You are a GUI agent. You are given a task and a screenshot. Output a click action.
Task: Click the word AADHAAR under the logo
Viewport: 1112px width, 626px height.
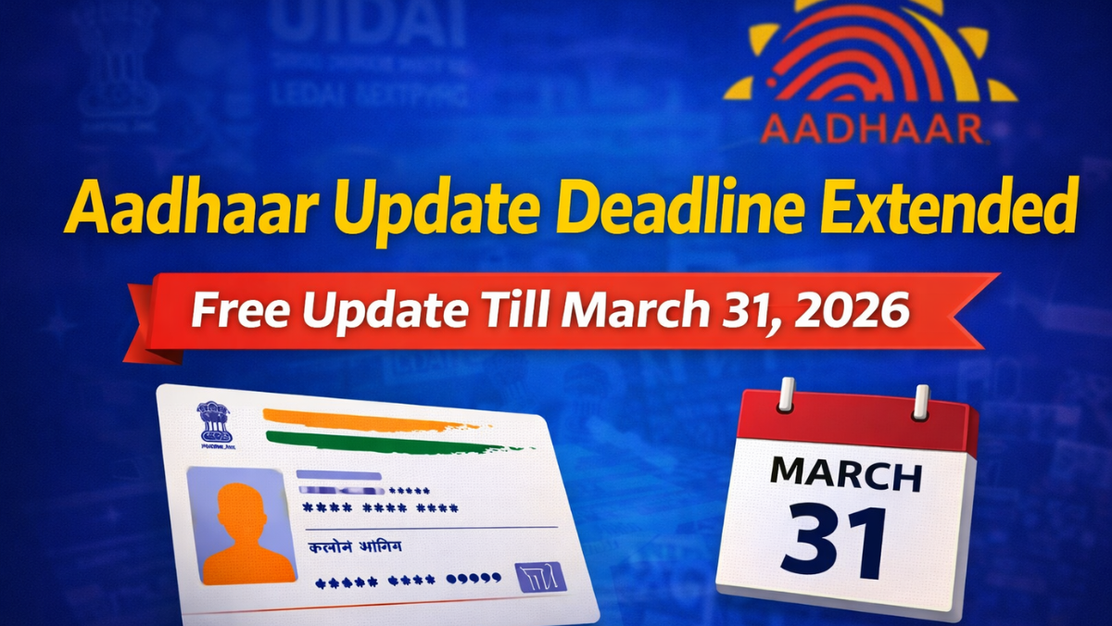pos(871,129)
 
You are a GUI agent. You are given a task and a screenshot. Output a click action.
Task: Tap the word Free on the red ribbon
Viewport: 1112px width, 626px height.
pos(240,312)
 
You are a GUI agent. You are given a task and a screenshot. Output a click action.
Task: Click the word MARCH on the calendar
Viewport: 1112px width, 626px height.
pos(846,474)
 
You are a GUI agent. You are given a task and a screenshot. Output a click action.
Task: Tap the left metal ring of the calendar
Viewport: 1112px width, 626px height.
pos(787,395)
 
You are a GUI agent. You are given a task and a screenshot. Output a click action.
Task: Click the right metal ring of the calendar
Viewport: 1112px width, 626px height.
pos(921,402)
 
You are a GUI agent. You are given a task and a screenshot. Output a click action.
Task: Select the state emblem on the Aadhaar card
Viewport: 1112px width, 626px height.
pos(215,422)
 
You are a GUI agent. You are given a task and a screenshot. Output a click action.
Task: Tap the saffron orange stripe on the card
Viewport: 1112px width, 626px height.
pos(371,419)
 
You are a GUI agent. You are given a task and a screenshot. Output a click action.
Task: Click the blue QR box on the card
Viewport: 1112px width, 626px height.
pos(541,576)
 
